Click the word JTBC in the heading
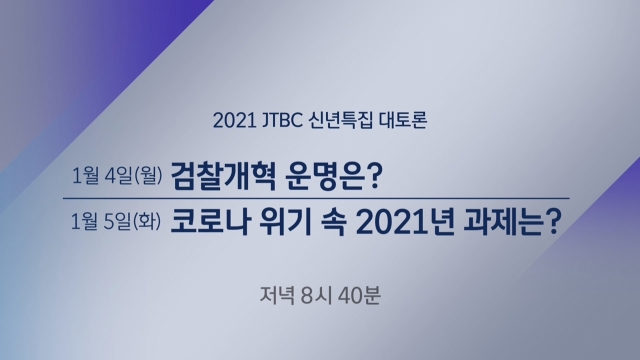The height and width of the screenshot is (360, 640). coord(281,120)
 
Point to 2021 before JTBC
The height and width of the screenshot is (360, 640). coord(234,121)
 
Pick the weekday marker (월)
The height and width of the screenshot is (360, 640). coord(148,176)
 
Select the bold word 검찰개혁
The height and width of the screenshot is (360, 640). coord(223,176)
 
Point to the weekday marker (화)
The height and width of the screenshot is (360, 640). coord(147,221)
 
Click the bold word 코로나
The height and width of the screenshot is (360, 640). coord(209,222)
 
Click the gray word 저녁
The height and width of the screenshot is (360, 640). coord(277,295)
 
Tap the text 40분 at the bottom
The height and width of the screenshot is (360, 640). coord(359,295)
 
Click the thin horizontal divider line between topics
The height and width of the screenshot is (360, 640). coord(316,198)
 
